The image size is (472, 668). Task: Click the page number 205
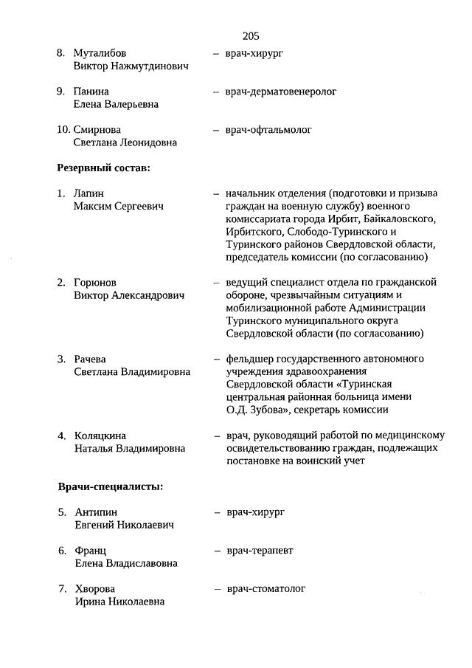click(x=250, y=35)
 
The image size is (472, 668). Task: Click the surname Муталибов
click(x=100, y=54)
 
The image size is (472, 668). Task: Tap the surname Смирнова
click(x=100, y=131)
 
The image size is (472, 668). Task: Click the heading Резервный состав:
click(x=104, y=168)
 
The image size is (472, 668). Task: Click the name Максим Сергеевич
click(x=118, y=207)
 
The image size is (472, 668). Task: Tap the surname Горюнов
click(x=95, y=283)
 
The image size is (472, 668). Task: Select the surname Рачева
click(x=91, y=359)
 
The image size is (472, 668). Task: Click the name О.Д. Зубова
click(x=255, y=410)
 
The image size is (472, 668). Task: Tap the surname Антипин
click(x=96, y=512)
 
